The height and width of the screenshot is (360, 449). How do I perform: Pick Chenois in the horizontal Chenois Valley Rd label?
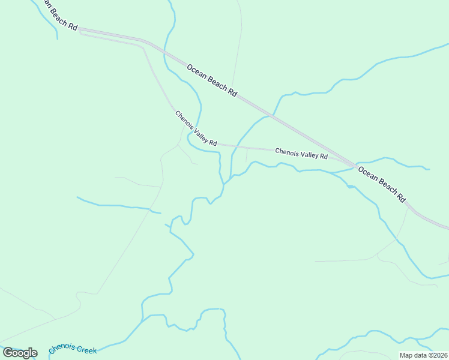pos(287,152)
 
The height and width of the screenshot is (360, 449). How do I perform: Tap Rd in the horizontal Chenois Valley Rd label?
pos(324,157)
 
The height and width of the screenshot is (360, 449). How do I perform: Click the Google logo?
pos(20,353)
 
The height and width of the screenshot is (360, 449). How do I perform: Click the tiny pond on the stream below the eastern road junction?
pos(350,187)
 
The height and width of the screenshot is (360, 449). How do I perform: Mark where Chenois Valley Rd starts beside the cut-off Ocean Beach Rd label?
pos(80,32)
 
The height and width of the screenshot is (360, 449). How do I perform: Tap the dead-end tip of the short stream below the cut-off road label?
pos(57,39)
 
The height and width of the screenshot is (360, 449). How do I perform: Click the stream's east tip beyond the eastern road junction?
pos(429,169)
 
